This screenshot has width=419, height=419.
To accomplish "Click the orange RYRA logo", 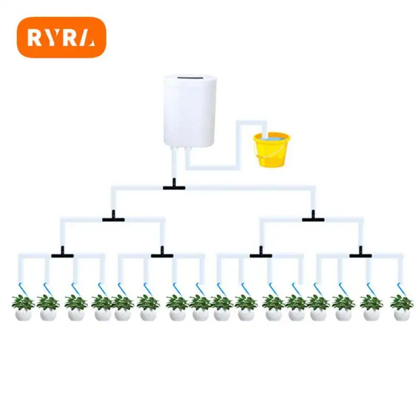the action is coord(61,37).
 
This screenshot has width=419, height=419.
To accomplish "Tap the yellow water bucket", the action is coord(271,150).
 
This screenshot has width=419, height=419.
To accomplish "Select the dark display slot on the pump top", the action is coord(191,78).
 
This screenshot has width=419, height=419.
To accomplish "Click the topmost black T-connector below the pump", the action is coord(174,185).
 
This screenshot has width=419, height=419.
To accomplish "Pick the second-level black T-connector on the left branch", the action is coord(114,217).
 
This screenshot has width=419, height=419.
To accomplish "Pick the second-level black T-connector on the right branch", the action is coord(313,217).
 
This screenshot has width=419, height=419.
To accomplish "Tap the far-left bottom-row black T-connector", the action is coord(62,253).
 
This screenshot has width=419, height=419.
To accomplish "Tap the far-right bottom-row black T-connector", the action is coord(360,253).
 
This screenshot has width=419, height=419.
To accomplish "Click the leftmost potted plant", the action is coord(23,307).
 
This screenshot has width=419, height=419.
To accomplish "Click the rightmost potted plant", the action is coord(402,307).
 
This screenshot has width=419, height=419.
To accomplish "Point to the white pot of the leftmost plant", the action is coord(23,315).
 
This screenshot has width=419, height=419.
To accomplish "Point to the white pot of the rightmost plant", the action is coord(402,315).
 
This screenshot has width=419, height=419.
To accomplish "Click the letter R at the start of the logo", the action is coord(34,37).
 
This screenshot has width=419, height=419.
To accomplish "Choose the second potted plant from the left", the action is coord(48,307).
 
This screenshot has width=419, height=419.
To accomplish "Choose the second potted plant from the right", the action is coord(371,307).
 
